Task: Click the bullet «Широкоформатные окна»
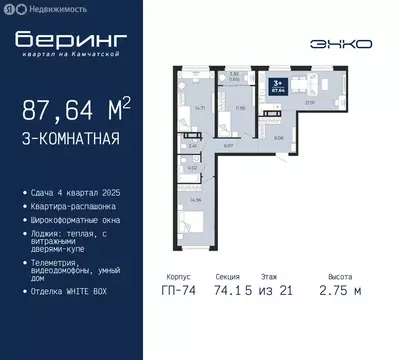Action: [x=77, y=213]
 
